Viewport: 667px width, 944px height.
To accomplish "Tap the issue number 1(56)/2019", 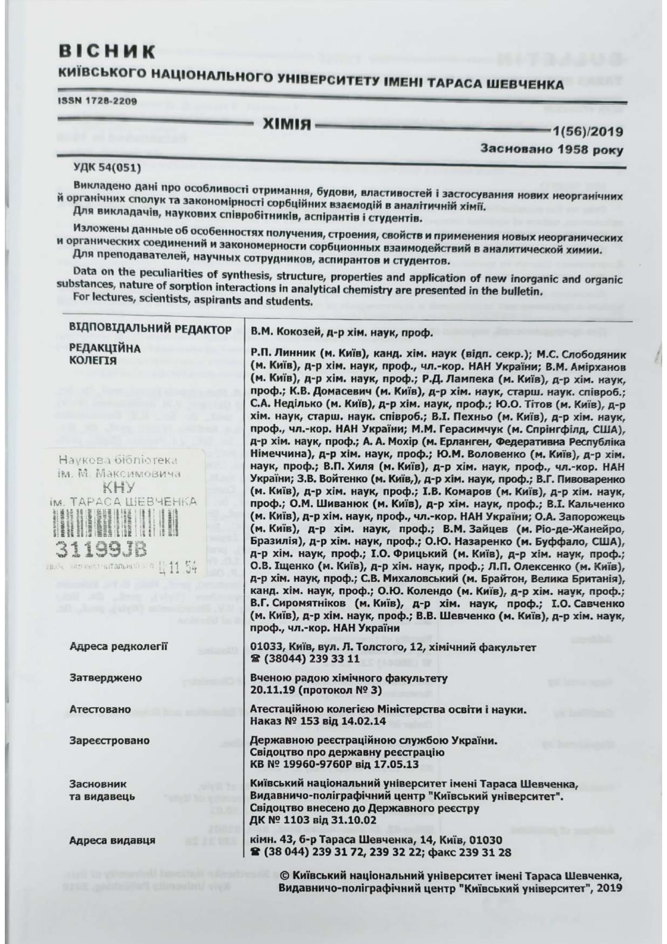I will pos(588,132).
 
